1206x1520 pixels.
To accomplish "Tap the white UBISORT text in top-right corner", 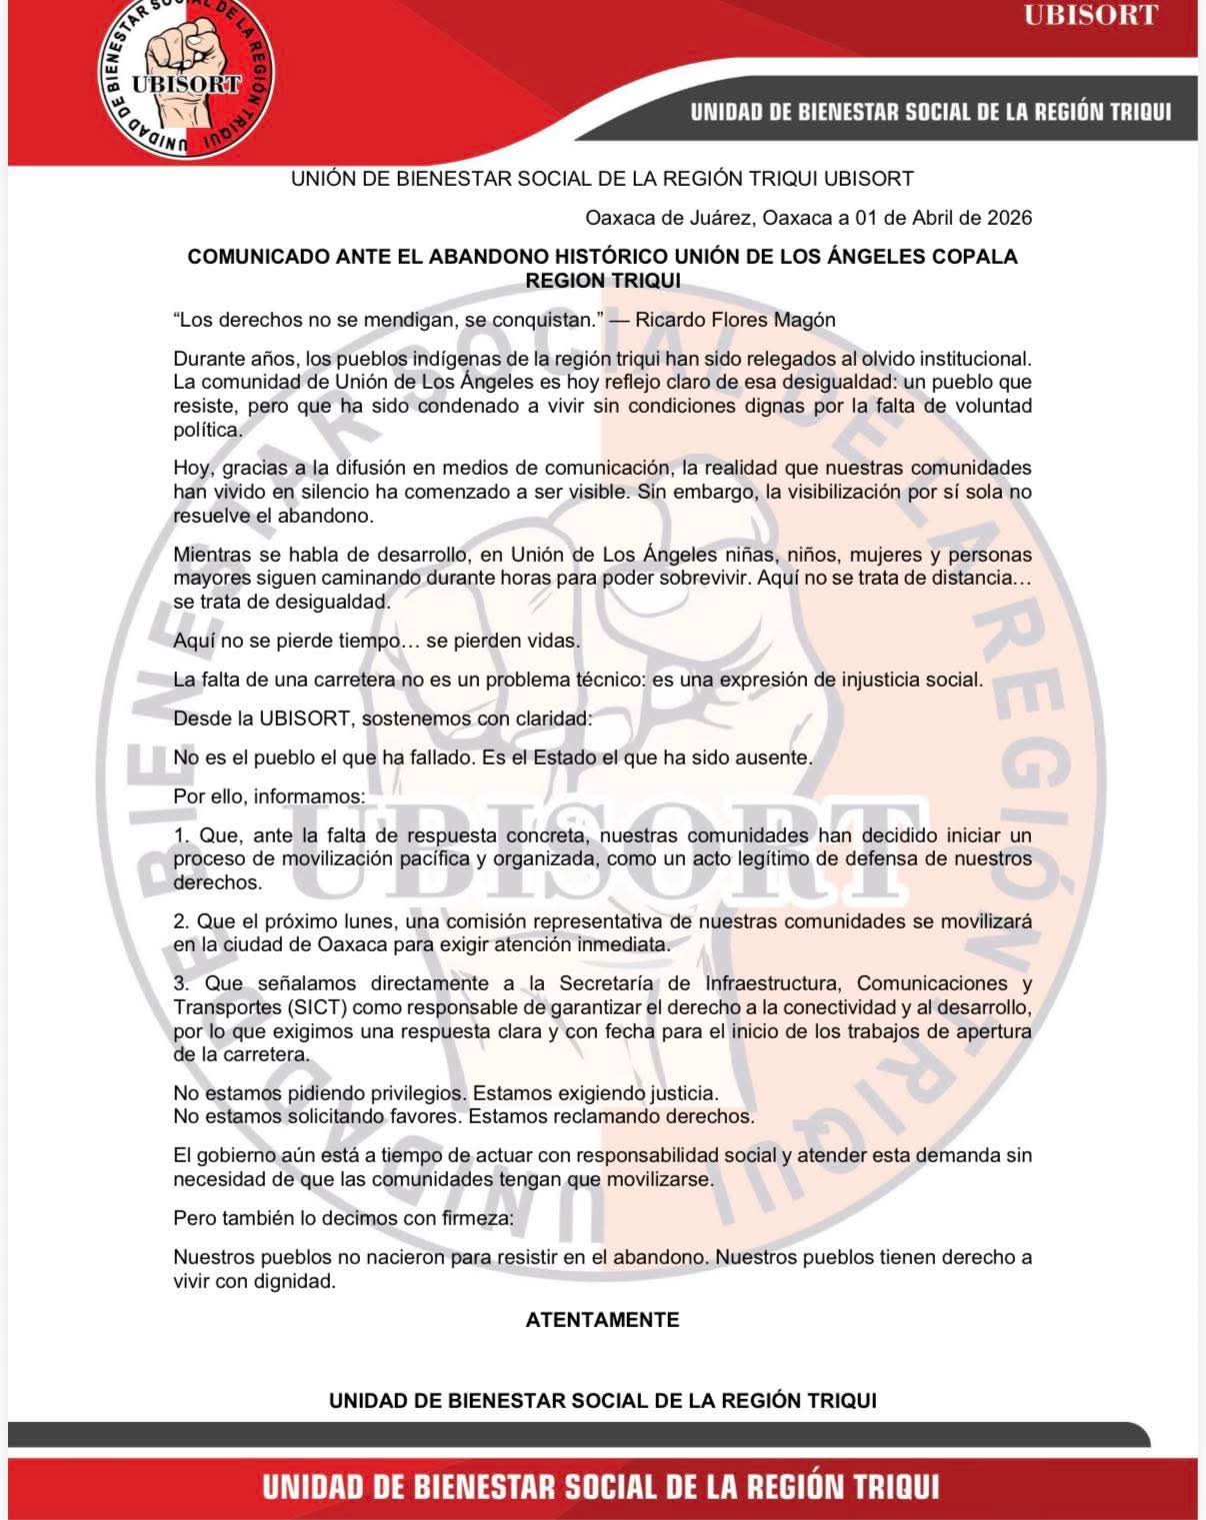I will click(1090, 16).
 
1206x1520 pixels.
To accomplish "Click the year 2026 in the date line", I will click(1009, 218).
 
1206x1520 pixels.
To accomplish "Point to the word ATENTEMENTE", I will click(602, 1319).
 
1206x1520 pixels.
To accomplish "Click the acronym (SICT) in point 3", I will click(318, 1006).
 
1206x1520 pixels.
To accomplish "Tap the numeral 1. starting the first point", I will click(181, 835).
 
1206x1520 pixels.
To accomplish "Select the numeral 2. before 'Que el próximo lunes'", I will click(181, 921).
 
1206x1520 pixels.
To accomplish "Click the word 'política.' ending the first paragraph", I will click(208, 431).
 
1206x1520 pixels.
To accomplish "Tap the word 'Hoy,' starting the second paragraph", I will click(192, 468).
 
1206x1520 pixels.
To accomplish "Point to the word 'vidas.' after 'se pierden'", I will click(553, 642).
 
